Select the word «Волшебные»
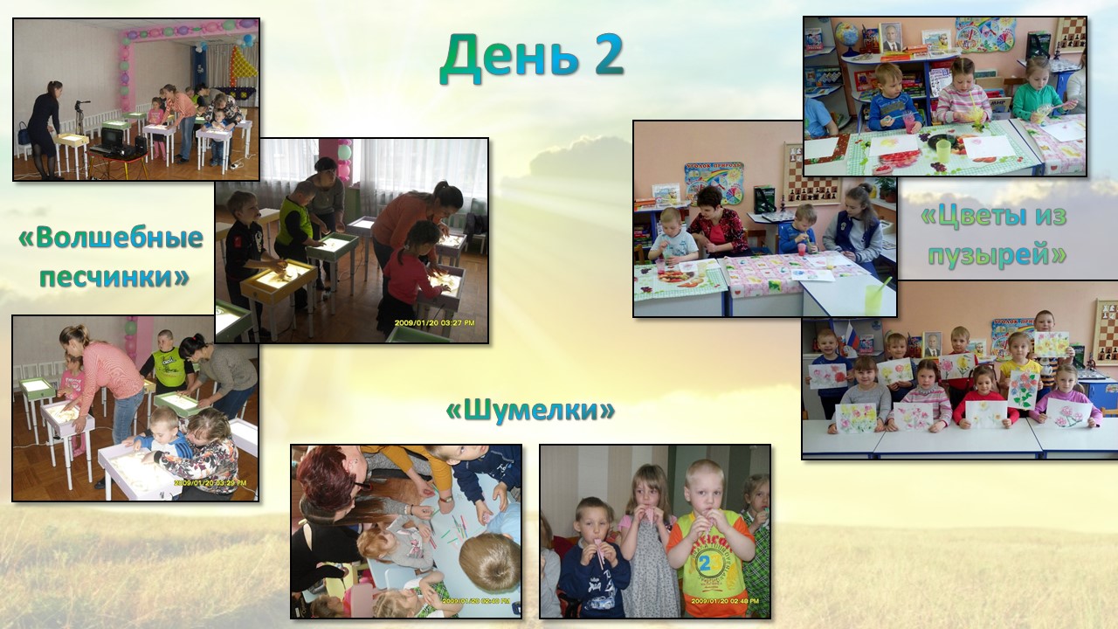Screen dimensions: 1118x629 pyautogui.click(x=111, y=238)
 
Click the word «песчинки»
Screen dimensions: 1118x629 pyautogui.click(x=114, y=276)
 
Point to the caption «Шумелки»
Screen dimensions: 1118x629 pyautogui.click(x=530, y=411)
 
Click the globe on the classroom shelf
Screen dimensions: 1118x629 pyautogui.click(x=847, y=35)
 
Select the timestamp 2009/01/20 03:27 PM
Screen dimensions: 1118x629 pyautogui.click(x=434, y=323)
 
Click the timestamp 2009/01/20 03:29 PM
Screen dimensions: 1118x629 pyautogui.click(x=210, y=483)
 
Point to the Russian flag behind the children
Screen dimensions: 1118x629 pyautogui.click(x=852, y=338)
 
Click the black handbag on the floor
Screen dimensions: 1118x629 pyautogui.click(x=24, y=133)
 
